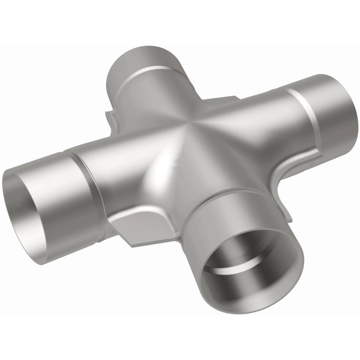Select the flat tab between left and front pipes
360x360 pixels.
click(x=130, y=229)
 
